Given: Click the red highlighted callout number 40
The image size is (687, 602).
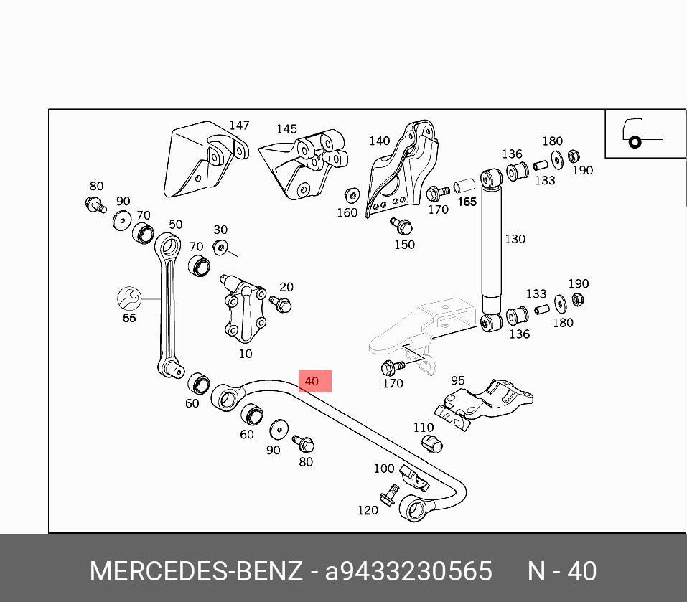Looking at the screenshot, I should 312,381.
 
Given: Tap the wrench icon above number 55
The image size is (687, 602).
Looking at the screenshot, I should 129,297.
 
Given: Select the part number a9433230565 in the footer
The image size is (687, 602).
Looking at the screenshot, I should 408,571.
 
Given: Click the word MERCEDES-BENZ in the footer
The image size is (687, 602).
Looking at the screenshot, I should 196,571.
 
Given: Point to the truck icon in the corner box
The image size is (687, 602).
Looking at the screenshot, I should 641,133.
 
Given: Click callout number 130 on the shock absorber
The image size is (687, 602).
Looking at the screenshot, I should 515,239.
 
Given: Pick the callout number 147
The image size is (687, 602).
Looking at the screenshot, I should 239,126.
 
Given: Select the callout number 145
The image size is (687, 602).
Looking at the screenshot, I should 286,129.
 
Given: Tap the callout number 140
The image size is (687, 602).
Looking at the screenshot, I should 379,141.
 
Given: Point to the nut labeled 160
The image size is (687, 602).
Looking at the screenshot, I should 352,194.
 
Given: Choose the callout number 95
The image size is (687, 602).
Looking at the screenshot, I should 457,380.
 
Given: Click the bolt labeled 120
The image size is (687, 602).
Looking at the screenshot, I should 391,494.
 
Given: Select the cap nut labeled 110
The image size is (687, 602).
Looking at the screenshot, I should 431,443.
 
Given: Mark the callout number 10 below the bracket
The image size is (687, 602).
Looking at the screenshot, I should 246,354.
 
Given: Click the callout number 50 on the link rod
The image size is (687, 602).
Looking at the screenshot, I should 175,225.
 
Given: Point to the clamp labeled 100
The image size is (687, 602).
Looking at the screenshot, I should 413,475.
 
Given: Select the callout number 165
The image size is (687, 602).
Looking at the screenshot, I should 467,202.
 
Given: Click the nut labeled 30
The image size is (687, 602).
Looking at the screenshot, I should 222,248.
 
